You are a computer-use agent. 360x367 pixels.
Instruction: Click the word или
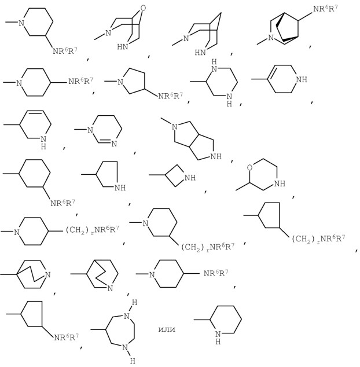point(167,329)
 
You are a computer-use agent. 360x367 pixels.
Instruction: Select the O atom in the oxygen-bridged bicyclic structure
point(143,8)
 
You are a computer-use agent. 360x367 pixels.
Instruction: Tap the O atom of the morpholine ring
point(250,168)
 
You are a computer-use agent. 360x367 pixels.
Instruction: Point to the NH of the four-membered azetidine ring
point(190,178)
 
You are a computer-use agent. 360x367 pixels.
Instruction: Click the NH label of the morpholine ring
point(280,183)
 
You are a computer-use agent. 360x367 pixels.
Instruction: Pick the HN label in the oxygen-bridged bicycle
point(123,47)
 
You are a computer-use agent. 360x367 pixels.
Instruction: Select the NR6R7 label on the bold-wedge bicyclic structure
point(325,9)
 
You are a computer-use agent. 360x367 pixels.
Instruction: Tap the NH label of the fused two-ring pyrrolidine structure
point(216,156)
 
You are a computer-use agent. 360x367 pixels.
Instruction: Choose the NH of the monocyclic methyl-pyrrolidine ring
point(120,188)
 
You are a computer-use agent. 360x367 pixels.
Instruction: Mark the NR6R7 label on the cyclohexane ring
point(63,203)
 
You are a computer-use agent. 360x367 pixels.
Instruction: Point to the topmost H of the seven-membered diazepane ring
point(134,303)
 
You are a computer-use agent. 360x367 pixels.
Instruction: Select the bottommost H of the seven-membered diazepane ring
point(132,361)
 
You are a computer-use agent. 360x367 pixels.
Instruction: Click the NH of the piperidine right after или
point(218,337)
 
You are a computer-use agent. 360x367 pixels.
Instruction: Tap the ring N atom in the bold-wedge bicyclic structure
point(271,38)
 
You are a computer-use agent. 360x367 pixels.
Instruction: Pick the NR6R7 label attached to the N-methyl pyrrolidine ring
point(170,96)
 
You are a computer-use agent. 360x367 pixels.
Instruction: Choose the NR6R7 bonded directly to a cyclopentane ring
point(66,337)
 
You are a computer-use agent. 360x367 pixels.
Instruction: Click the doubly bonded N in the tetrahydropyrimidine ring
point(114,144)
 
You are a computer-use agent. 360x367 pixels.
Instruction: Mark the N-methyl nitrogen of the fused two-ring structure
point(174,127)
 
